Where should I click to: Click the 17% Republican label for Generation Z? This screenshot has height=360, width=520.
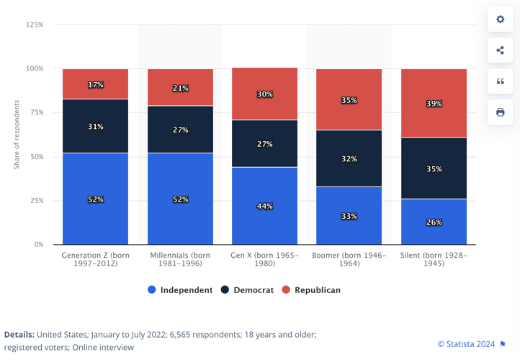pos(96,85)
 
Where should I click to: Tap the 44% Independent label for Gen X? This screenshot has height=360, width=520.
pos(265,207)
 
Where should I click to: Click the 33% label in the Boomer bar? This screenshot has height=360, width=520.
pos(349,216)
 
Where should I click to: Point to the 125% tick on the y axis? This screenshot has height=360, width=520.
pos(35,25)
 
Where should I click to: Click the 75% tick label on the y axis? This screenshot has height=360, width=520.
pos(35,113)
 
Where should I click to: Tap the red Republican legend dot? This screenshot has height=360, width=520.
pos(286,290)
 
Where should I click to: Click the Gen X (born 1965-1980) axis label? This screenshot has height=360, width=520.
pos(265,259)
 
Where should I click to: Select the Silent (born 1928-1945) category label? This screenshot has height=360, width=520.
pos(434,259)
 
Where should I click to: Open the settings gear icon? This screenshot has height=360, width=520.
pos(501,19)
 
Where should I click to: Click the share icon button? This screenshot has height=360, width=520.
pos(501,50)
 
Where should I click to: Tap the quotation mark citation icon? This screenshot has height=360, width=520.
pos(501,81)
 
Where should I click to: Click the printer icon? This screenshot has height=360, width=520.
pos(501,112)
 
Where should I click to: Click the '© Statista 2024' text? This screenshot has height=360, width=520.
pos(466,344)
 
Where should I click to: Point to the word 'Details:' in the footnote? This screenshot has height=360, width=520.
pos(19,335)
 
